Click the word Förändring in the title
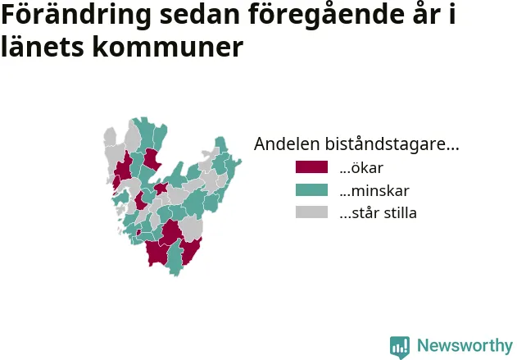76,16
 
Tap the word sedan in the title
200,15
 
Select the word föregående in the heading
326,16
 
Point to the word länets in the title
43,47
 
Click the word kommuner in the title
167,47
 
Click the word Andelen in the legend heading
288,144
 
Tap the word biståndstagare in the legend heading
392,144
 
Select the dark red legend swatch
311,167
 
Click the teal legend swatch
311,189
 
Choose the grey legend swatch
311,212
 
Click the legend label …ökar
361,167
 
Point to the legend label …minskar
374,190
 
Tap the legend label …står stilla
379,213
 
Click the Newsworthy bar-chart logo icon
400,348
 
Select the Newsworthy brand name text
465,345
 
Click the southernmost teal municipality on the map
175,259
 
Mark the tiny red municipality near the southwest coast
138,232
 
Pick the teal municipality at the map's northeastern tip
221,144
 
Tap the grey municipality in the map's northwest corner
110,137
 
